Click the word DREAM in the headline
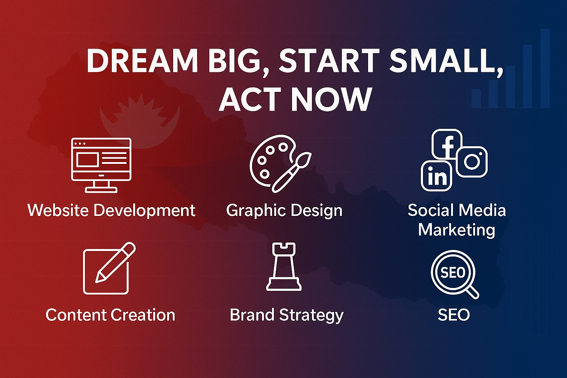142,61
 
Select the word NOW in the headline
331,99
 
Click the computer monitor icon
101,165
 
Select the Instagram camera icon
472,162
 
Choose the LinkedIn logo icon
437,176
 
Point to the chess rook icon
284,267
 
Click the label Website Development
111,211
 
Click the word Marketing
456,230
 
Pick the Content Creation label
110,315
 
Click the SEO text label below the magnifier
454,315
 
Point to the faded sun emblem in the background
140,121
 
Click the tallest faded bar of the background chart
545,68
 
